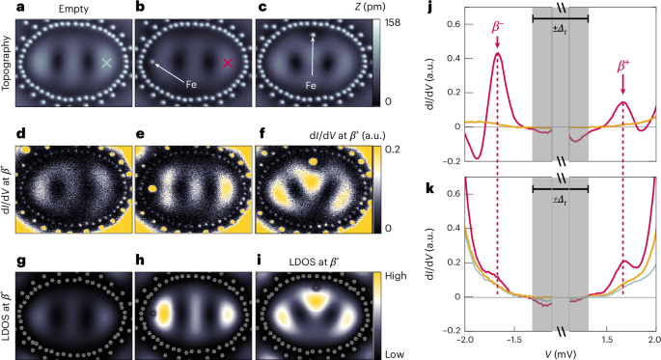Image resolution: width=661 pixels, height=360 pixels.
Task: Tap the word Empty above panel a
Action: tap(67, 9)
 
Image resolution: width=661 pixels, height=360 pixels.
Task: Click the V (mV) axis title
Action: tap(560, 354)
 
